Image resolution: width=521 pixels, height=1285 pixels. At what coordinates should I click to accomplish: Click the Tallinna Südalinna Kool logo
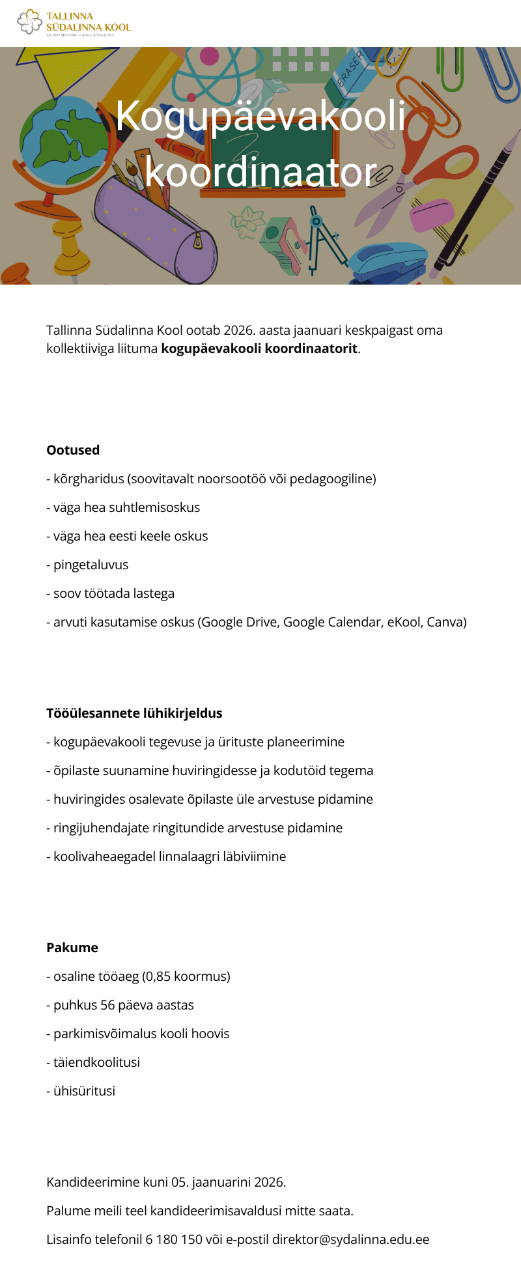point(74,23)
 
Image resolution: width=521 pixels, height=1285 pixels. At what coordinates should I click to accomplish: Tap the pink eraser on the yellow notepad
point(431,215)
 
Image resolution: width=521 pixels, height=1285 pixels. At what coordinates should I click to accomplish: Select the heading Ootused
point(73,450)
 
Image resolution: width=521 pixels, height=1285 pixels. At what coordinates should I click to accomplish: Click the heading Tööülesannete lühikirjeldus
point(134,713)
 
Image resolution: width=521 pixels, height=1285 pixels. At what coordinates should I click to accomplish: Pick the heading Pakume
point(72,948)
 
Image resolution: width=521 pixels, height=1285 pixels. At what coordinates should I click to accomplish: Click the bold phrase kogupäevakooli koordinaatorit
point(259,348)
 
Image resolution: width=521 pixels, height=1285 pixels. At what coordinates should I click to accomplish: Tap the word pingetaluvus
point(91,565)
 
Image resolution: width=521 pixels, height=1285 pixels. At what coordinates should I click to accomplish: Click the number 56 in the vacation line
point(107,1005)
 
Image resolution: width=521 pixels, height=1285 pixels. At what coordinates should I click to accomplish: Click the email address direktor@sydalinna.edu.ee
point(350,1239)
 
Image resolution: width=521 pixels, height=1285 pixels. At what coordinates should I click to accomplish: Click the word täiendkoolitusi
point(96,1062)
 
